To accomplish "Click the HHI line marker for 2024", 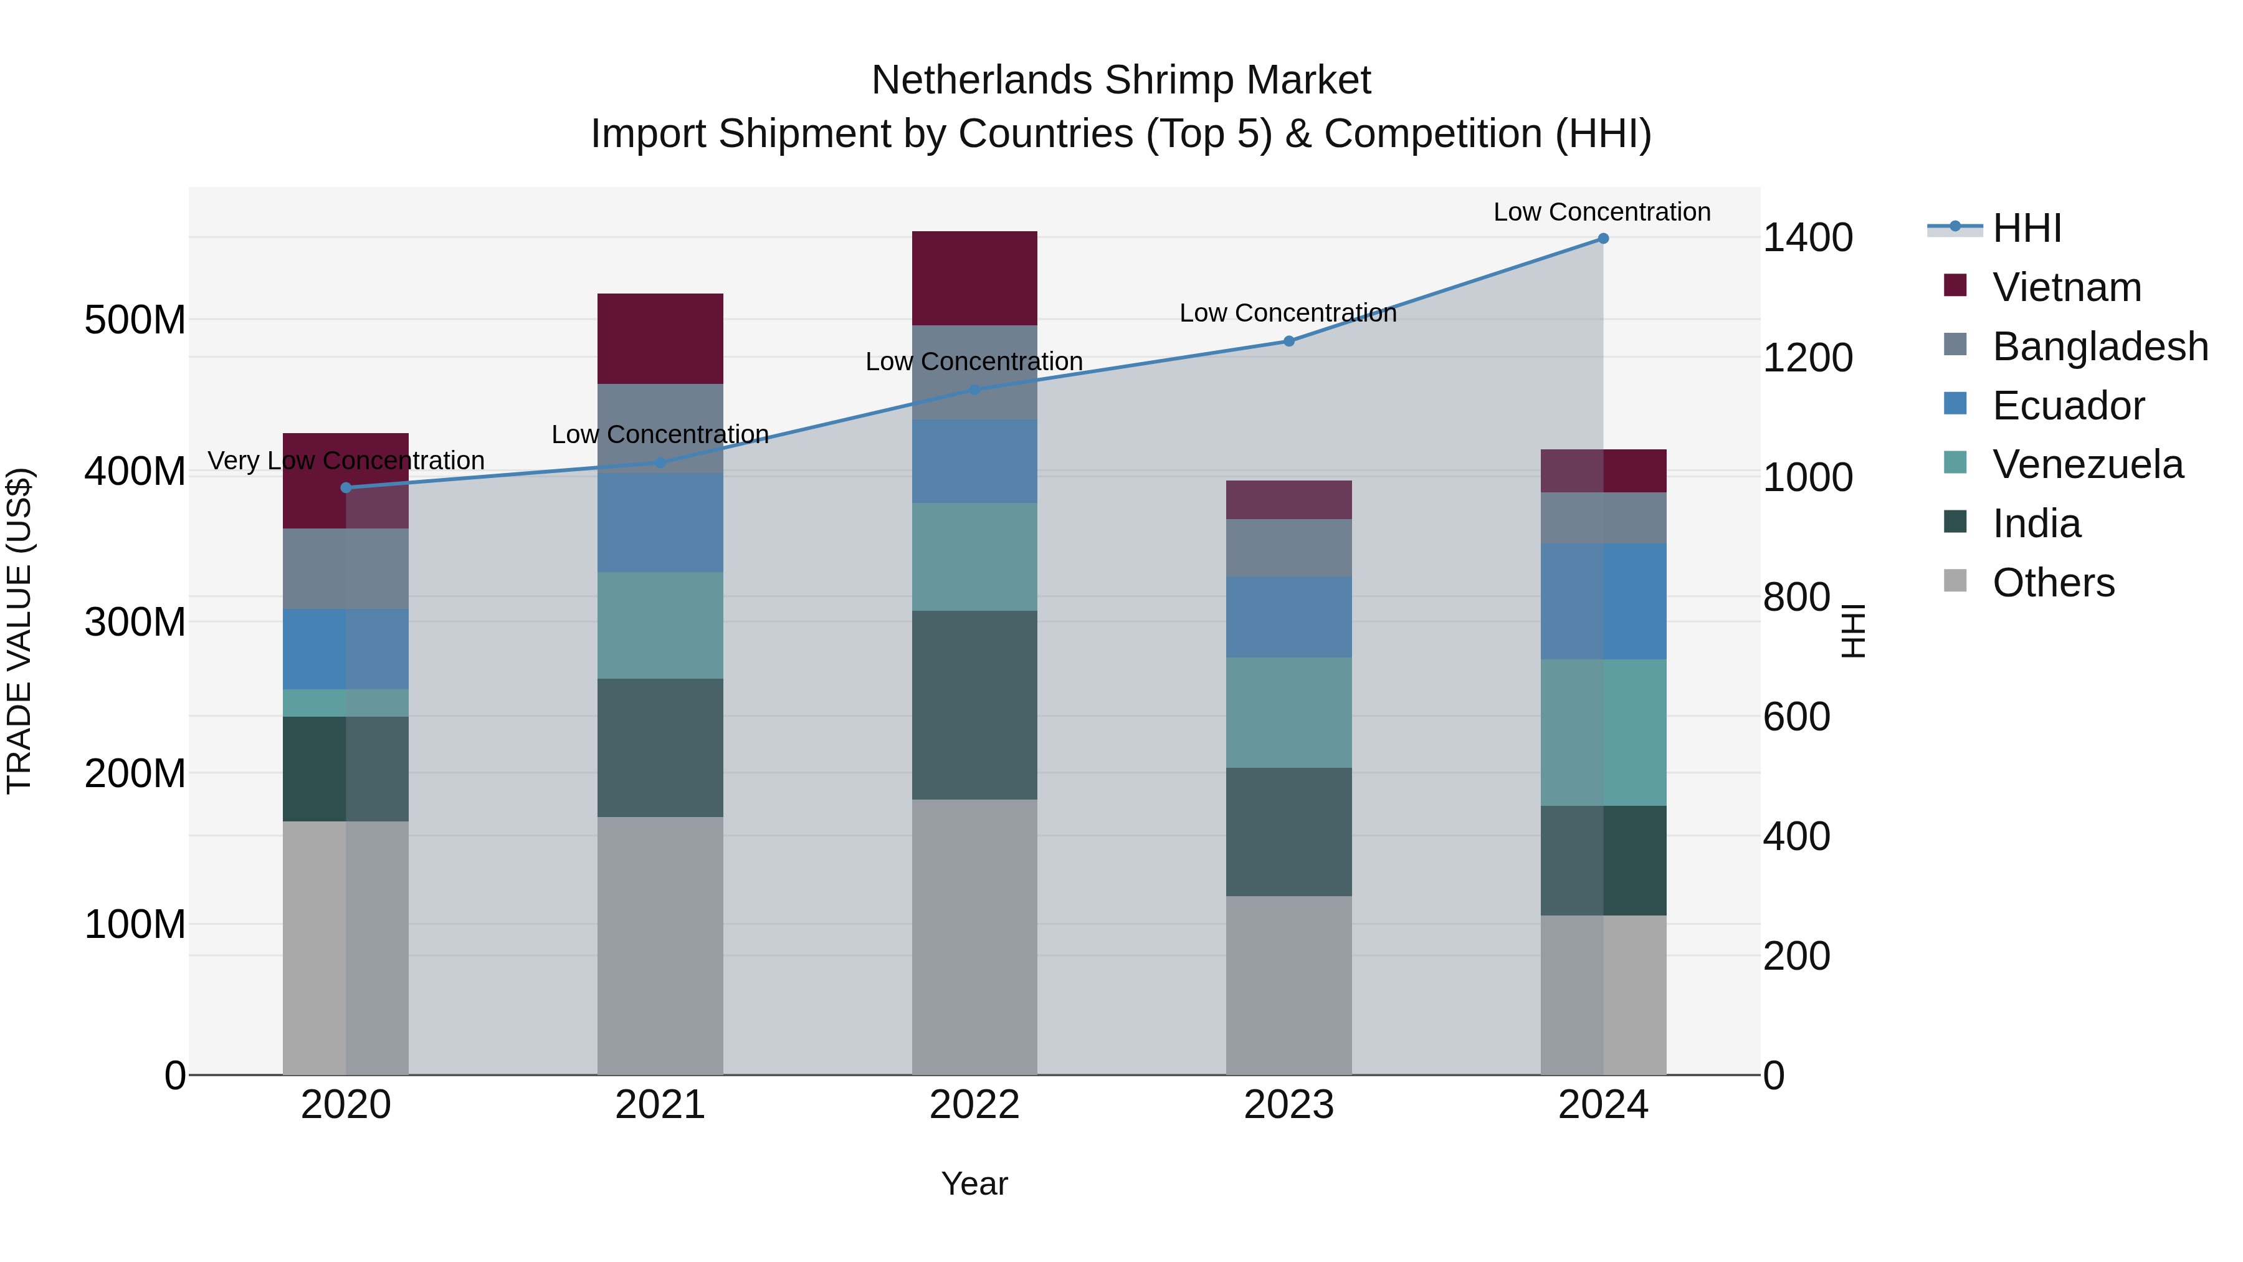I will pyautogui.click(x=1603, y=239).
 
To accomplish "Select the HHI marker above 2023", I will pyautogui.click(x=1288, y=342).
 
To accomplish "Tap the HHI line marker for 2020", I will pyautogui.click(x=346, y=488).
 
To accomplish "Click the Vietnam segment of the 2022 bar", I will pyautogui.click(x=974, y=278).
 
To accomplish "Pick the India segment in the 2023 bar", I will pyautogui.click(x=1288, y=832).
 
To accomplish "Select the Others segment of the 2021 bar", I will pyautogui.click(x=660, y=945).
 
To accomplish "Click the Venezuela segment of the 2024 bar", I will pyautogui.click(x=1603, y=732).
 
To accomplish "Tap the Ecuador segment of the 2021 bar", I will pyautogui.click(x=660, y=523).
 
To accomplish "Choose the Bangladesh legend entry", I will pyautogui.click(x=2099, y=347).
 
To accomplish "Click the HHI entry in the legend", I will pyautogui.click(x=2026, y=228).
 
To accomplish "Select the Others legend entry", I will pyautogui.click(x=2052, y=583).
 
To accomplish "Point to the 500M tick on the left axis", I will pyautogui.click(x=135, y=320).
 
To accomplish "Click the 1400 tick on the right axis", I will pyautogui.click(x=1807, y=238).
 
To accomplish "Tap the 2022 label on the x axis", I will pyautogui.click(x=974, y=1105).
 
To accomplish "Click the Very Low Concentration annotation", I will pyautogui.click(x=346, y=460).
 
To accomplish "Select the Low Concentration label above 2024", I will pyautogui.click(x=1601, y=212).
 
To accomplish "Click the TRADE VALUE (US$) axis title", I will pyautogui.click(x=19, y=631).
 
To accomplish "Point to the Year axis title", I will pyautogui.click(x=974, y=1183).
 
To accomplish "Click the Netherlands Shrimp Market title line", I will pyautogui.click(x=1121, y=80).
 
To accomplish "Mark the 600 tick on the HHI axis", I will pyautogui.click(x=1796, y=717).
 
